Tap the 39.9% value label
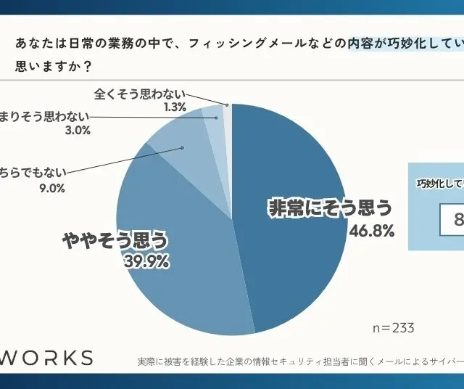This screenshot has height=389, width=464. coord(146,261)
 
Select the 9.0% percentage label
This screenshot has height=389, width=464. coord(52,188)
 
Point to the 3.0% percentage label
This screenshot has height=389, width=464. coord(77,131)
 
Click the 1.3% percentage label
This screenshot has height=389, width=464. coord(175,107)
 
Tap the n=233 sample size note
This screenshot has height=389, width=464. coord(393,328)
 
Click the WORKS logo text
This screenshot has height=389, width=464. coord(46,358)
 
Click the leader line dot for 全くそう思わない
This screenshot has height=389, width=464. coord(227,105)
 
